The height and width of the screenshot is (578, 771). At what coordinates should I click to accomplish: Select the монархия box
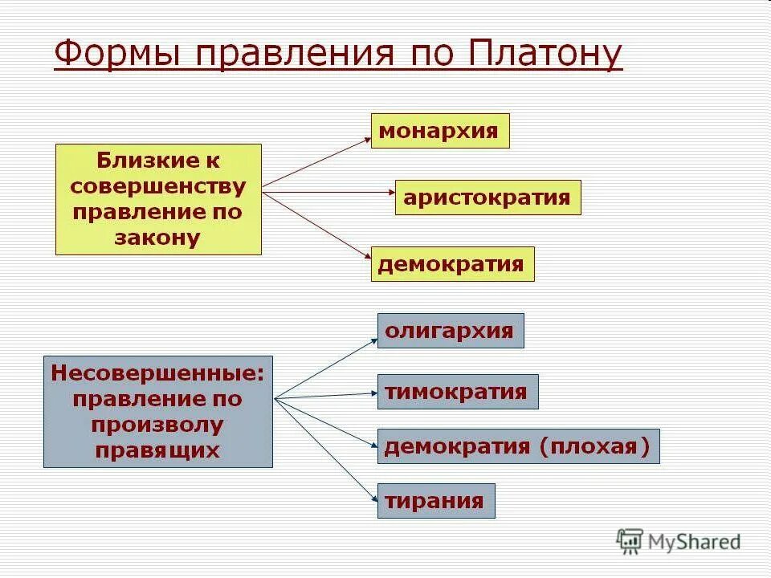tap(439, 131)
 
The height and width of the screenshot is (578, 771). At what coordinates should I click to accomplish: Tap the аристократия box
tap(487, 197)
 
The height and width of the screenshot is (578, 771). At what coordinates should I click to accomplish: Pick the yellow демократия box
tap(452, 263)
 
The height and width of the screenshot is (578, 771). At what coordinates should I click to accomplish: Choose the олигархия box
tap(450, 331)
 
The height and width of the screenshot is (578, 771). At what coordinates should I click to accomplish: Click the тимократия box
tap(457, 392)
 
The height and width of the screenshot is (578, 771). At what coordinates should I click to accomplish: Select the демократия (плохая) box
tap(518, 446)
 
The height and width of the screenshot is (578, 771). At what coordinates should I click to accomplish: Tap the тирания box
tap(435, 501)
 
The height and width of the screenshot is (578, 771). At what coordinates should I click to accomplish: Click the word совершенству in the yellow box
tap(158, 186)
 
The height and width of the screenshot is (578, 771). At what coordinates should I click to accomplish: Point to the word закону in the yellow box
tap(158, 238)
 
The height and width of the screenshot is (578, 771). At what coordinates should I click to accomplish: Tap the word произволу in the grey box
tap(157, 424)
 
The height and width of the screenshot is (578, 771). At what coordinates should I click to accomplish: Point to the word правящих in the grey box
tap(157, 450)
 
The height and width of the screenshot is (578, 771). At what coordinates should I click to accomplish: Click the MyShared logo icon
tap(630, 541)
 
